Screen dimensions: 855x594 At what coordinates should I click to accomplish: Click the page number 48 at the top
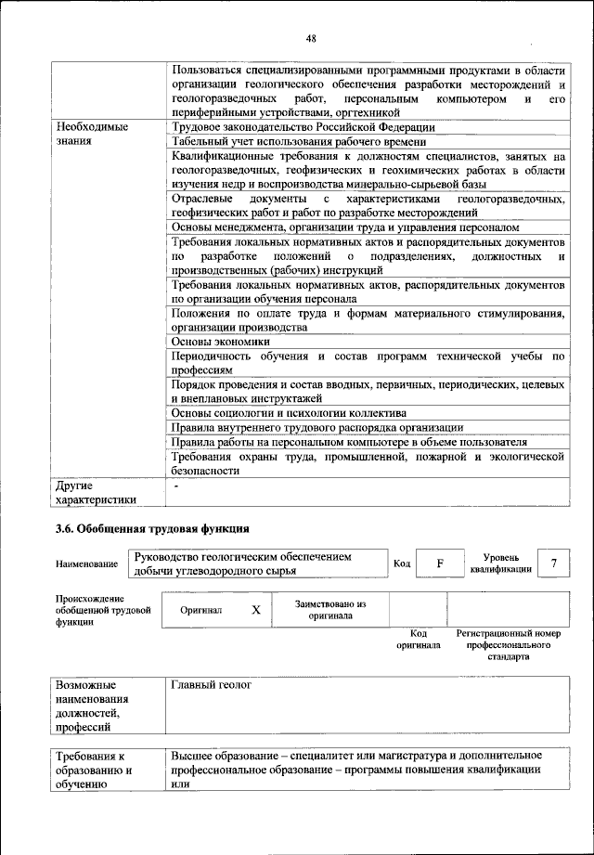pyautogui.click(x=311, y=37)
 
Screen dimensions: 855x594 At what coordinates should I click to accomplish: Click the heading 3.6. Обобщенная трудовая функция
pyautogui.click(x=152, y=529)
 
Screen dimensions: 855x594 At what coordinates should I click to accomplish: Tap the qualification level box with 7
pyautogui.click(x=554, y=564)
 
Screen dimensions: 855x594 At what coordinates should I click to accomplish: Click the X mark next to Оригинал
pyautogui.click(x=256, y=610)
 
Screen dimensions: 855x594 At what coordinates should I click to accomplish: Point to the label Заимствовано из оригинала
pyautogui.click(x=329, y=610)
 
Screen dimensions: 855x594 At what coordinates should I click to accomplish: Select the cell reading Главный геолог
pyautogui.click(x=212, y=685)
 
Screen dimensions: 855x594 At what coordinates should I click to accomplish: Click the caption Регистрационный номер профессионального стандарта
pyautogui.click(x=510, y=644)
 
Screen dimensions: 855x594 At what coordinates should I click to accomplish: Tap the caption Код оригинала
pyautogui.click(x=418, y=639)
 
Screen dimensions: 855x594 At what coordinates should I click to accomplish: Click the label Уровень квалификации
pyautogui.click(x=500, y=563)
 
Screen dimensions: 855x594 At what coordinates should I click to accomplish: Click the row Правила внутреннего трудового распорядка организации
pyautogui.click(x=304, y=427)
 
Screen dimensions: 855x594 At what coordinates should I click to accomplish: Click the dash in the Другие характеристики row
pyautogui.click(x=174, y=485)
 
